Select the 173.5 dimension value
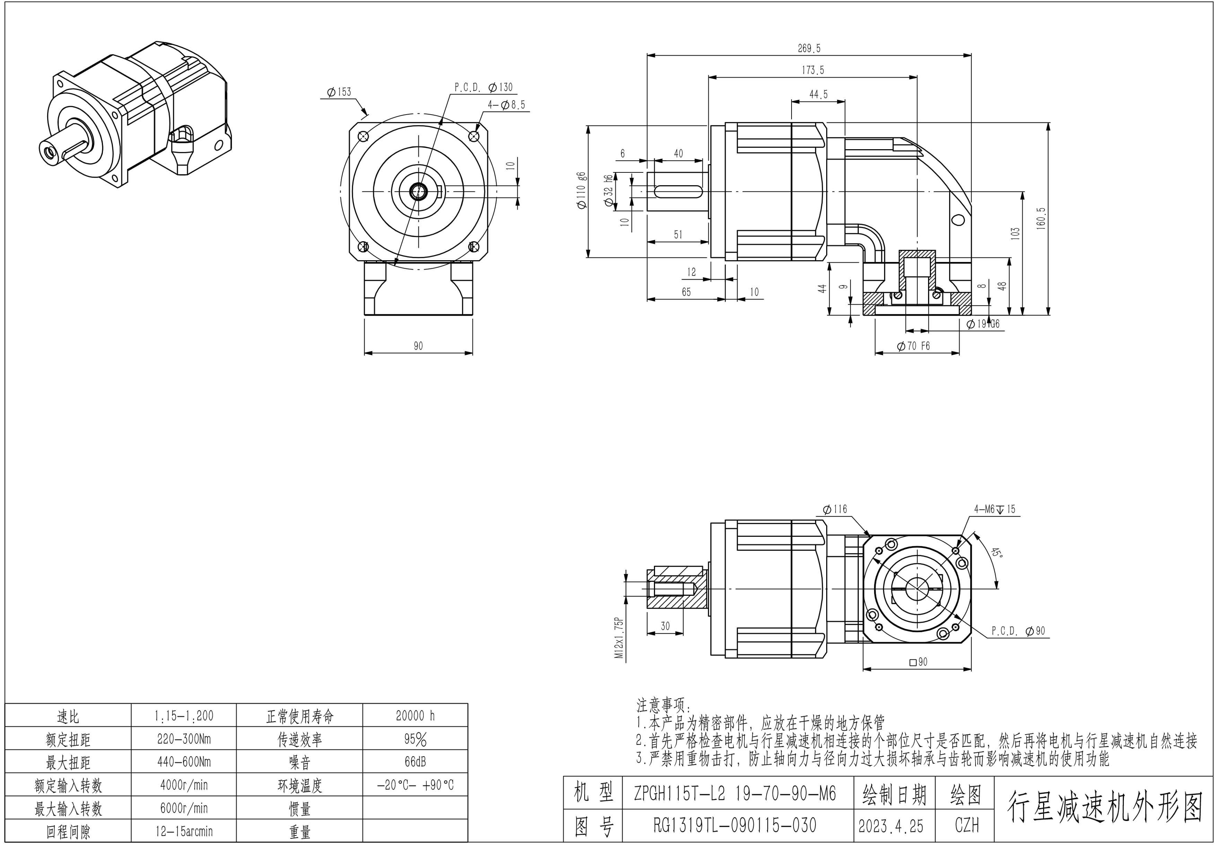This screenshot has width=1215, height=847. point(813,70)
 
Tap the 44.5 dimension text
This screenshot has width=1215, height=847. point(818,94)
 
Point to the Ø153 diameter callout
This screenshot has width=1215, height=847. point(339,92)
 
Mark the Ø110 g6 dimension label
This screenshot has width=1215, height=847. point(581,191)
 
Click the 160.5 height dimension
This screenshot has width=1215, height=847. point(1041,218)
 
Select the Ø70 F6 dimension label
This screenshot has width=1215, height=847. point(914,346)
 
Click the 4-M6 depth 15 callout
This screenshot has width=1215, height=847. point(995,509)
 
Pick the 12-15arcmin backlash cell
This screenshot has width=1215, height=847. point(184,832)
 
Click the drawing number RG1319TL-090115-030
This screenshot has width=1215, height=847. point(735,825)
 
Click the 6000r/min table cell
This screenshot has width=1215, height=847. point(184,808)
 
